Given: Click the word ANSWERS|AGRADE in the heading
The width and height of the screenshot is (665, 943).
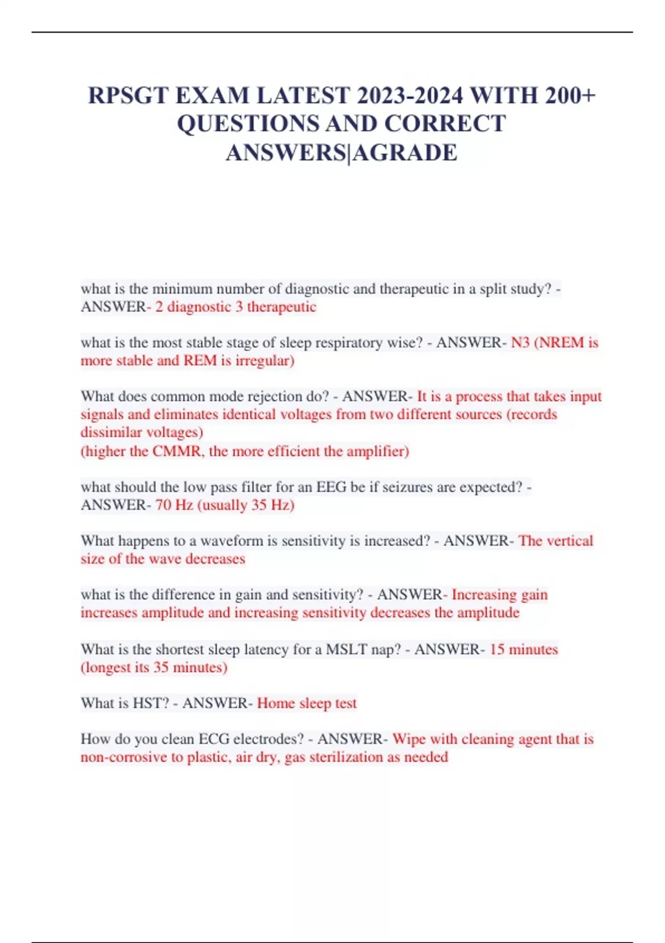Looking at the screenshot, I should click(341, 153).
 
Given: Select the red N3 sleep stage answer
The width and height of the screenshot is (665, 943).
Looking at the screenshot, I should click(520, 343).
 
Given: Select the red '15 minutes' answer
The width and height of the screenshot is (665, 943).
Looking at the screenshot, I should click(524, 649).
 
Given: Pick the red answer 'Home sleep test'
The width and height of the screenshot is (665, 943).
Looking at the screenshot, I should click(307, 703).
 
